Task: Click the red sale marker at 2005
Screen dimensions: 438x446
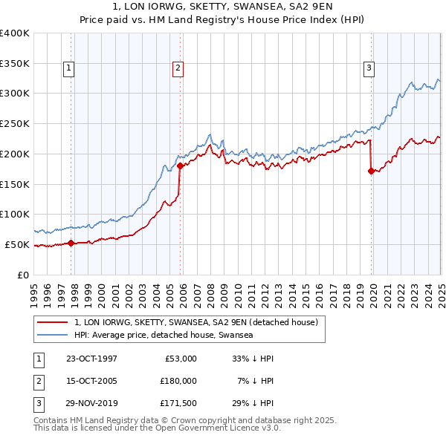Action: [x=180, y=166]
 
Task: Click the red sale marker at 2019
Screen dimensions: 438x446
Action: [x=371, y=171]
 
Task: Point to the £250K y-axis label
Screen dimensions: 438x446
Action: [x=14, y=124]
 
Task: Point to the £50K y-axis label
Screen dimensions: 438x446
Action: [x=17, y=244]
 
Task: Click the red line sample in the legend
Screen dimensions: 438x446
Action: [x=54, y=322]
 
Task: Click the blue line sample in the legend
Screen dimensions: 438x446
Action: [x=54, y=335]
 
